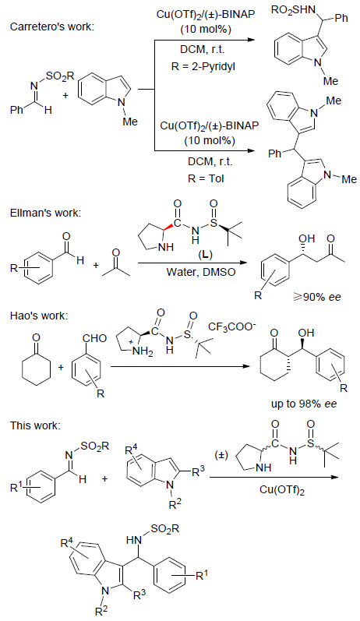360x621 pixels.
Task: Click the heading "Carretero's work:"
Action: (x=53, y=27)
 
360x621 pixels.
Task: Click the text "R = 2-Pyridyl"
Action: (x=203, y=66)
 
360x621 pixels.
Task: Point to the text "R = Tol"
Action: (x=206, y=178)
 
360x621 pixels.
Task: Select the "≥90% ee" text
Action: (x=316, y=297)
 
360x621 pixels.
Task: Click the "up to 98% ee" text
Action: (x=305, y=404)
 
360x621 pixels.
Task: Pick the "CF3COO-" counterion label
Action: (x=232, y=327)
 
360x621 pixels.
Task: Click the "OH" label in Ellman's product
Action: (x=298, y=239)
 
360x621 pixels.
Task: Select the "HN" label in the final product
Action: (x=132, y=539)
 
